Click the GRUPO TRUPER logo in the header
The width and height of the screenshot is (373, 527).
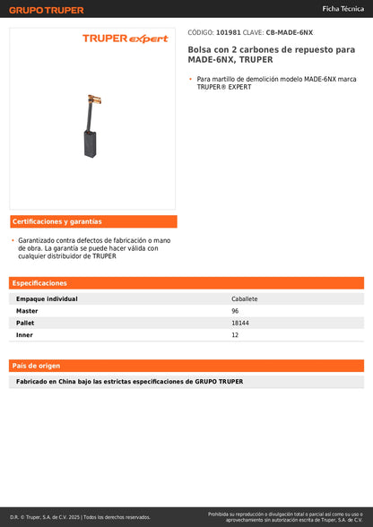[47, 10]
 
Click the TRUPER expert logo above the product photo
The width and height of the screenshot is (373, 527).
[125, 39]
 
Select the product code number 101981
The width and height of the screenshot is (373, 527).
[229, 32]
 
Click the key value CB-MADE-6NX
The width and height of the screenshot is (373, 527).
[290, 32]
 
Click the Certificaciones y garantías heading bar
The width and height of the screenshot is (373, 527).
[92, 221]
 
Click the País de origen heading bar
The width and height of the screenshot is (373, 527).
[186, 366]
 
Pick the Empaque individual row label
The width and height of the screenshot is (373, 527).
[47, 298]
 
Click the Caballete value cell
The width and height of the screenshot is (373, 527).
[245, 298]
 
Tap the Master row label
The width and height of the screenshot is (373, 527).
[27, 310]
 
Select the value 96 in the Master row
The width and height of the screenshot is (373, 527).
[235, 310]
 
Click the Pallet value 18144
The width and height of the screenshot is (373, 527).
[240, 323]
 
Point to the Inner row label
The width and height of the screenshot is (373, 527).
[25, 334]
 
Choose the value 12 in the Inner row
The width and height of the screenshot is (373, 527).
[235, 334]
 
